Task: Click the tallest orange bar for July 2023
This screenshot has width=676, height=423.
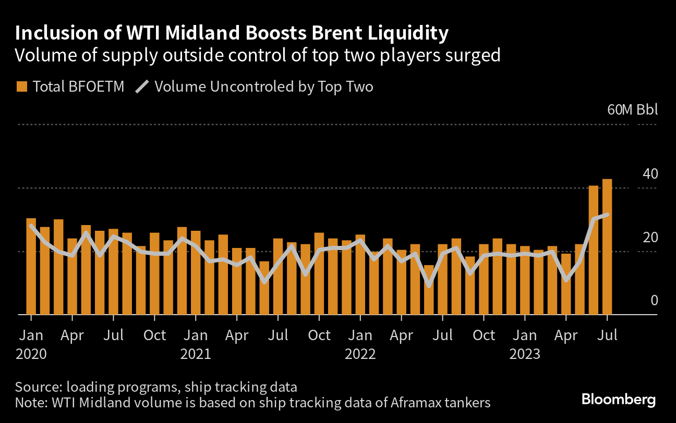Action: coord(607,247)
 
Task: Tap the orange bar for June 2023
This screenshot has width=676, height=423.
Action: coord(593,250)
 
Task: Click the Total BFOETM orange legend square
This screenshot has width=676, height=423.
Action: coord(21,86)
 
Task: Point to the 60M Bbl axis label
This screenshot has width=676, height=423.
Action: coord(632,110)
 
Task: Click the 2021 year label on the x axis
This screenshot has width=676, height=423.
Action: coord(195,354)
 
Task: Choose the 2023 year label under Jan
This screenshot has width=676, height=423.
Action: coord(525,354)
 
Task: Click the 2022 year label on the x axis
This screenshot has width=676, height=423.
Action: coord(360,354)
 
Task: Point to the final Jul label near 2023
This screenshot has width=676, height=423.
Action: coord(607,335)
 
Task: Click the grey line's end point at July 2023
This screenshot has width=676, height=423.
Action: coord(607,214)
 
